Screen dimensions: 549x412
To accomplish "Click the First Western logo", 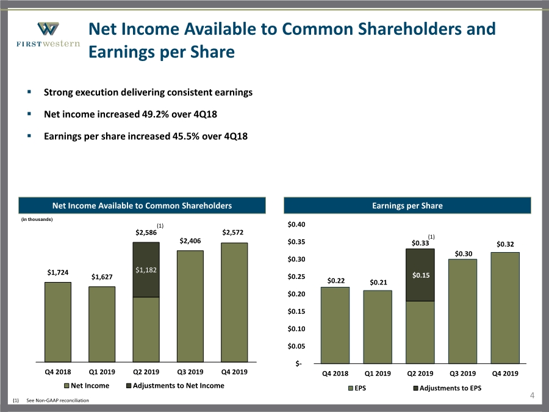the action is click(48, 34).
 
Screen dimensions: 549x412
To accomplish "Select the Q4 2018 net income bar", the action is click(58, 322).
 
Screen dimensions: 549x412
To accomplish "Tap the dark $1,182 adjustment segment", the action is click(146, 270).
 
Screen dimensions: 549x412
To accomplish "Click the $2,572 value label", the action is click(232, 233).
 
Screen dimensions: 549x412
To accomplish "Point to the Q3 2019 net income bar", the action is click(190, 306).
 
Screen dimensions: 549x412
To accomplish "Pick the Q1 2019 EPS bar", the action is click(378, 327).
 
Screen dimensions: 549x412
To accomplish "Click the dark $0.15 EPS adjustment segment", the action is click(420, 275).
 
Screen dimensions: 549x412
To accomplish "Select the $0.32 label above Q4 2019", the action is click(505, 244).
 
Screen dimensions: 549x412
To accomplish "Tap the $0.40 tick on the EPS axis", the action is click(296, 224).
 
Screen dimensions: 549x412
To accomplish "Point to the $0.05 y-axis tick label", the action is click(296, 346).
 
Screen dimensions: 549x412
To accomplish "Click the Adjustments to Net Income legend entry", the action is click(175, 386).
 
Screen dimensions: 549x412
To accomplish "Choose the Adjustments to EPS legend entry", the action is click(447, 388).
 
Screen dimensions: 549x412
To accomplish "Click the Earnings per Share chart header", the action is click(407, 206).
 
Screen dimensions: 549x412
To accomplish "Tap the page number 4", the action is click(532, 396).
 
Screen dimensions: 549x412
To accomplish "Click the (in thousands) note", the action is click(37, 219).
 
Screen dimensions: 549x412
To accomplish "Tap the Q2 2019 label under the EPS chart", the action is click(420, 374).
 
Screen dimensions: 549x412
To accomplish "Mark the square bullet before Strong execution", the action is click(29, 92).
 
